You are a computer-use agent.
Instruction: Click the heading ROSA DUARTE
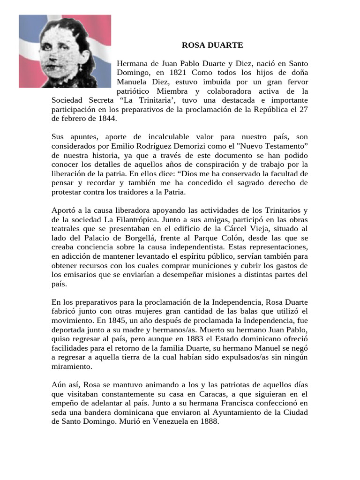[212, 45]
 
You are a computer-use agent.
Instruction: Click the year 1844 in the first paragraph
[105, 119]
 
